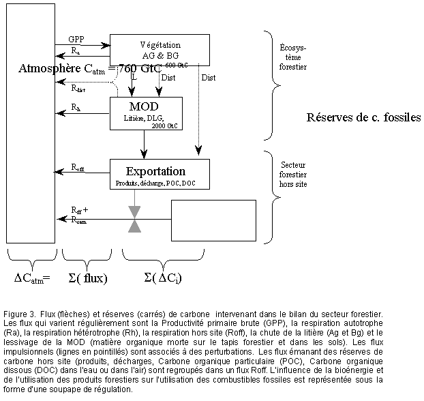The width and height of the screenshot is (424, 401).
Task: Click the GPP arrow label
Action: click(x=77, y=39)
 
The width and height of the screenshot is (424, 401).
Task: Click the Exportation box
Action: click(x=160, y=174)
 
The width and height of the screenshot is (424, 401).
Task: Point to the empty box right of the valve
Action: click(x=213, y=219)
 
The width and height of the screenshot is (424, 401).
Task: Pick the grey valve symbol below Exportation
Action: click(x=134, y=220)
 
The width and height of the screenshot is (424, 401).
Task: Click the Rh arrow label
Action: click(x=76, y=108)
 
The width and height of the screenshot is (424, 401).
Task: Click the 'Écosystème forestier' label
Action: click(x=293, y=57)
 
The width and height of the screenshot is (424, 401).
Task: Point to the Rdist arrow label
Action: click(x=79, y=87)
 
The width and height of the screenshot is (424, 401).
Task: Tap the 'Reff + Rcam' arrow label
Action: click(x=80, y=214)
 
